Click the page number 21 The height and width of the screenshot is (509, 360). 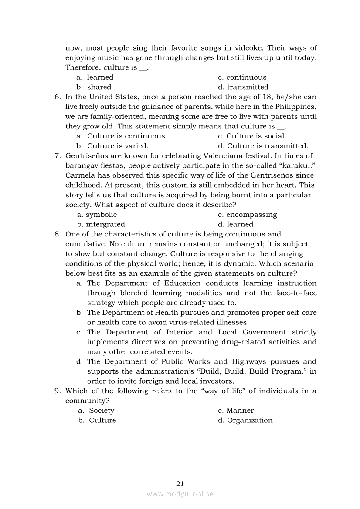click(x=180, y=483)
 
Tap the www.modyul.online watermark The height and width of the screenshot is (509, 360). click(x=180, y=494)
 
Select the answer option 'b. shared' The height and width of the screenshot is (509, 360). click(x=94, y=87)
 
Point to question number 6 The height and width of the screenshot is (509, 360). click(x=58, y=97)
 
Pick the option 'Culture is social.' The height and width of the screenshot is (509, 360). click(x=252, y=136)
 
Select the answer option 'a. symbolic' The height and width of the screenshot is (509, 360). click(x=97, y=214)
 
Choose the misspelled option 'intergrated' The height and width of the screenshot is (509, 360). click(x=105, y=224)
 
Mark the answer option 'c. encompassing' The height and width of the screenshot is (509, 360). click(x=247, y=214)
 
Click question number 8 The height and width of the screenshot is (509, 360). click(x=58, y=234)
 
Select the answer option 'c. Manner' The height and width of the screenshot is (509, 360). click(x=236, y=410)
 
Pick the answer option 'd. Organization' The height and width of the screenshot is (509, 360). click(x=245, y=420)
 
